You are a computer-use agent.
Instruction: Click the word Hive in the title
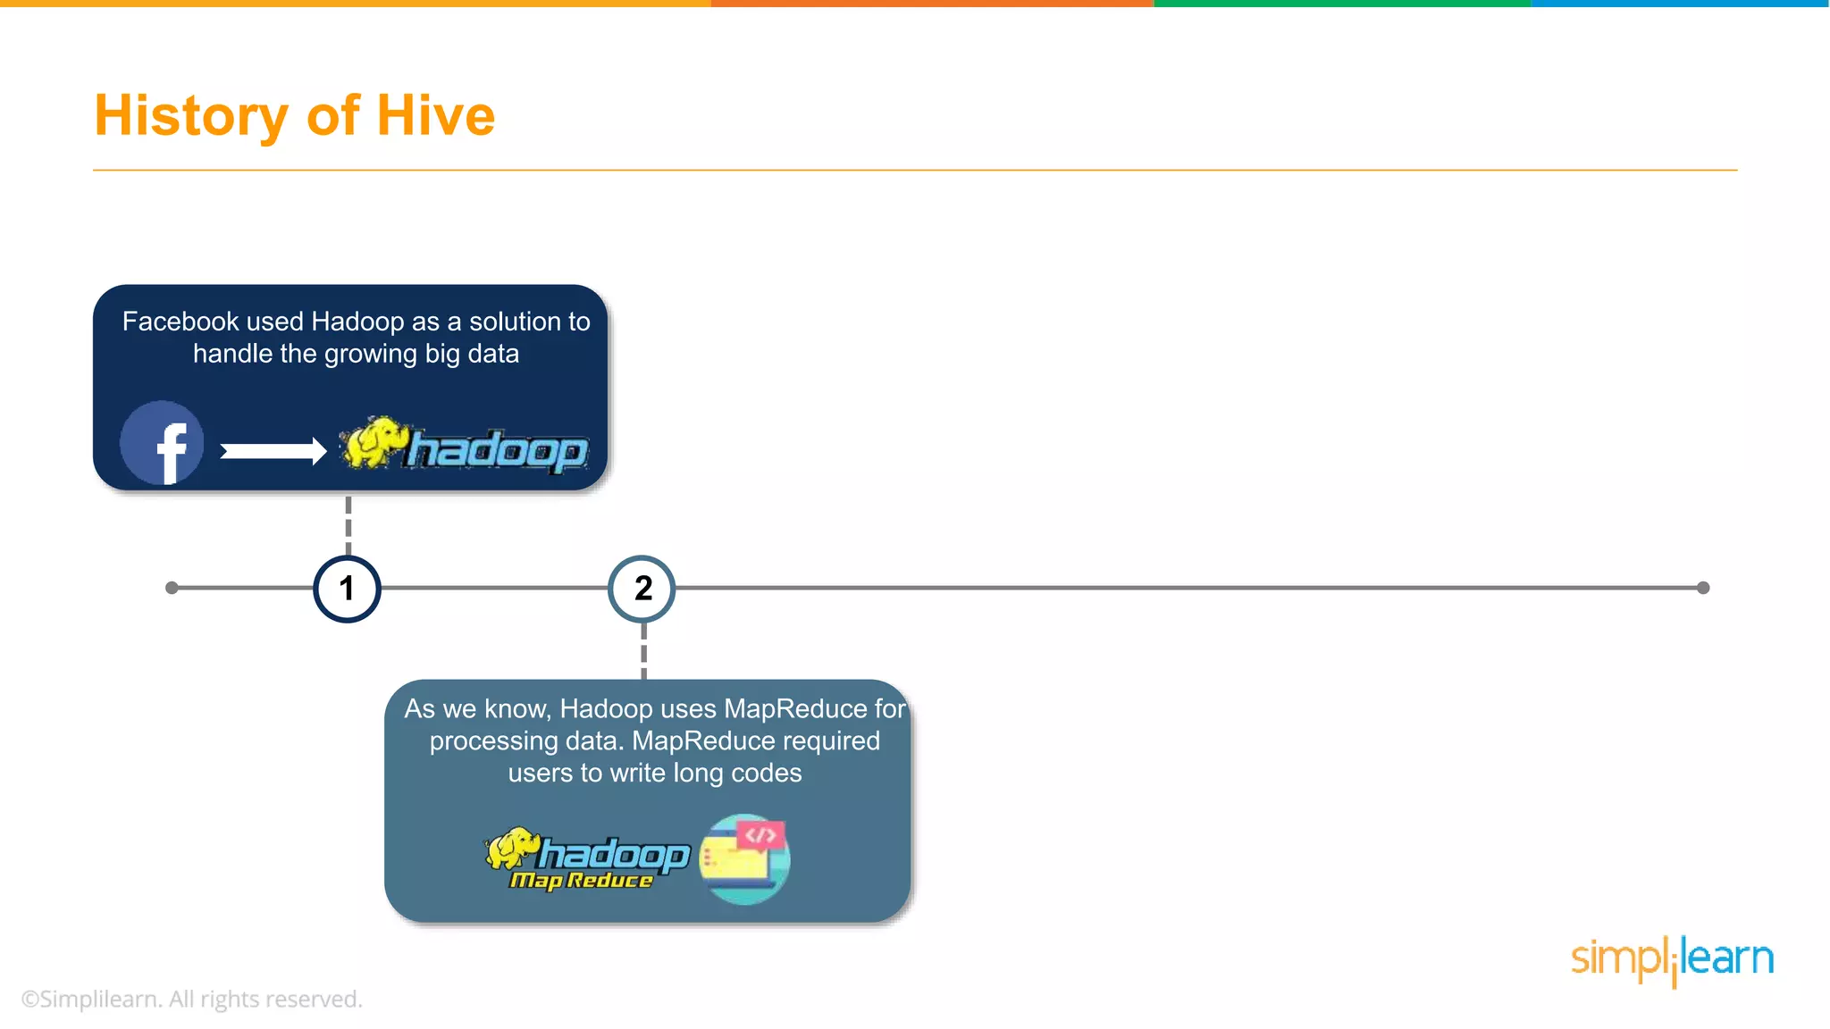pos(435,116)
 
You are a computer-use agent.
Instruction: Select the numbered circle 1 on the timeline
pos(348,589)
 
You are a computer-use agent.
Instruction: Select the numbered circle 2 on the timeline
pos(642,589)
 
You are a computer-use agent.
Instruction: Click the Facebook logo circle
pos(162,443)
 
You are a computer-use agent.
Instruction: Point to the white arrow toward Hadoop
pos(273,451)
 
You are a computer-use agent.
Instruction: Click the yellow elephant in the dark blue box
pos(370,441)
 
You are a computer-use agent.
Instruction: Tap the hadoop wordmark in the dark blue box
pos(498,450)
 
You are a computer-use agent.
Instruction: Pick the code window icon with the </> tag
pos(745,858)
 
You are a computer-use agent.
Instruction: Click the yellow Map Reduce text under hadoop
pos(581,881)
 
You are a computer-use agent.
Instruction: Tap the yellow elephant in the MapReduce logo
pos(512,848)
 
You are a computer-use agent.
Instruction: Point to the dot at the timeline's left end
pos(172,588)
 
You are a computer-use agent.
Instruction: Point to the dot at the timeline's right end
pos(1703,588)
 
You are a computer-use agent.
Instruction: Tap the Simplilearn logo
pos(1672,959)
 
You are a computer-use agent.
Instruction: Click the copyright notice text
pos(191,999)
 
